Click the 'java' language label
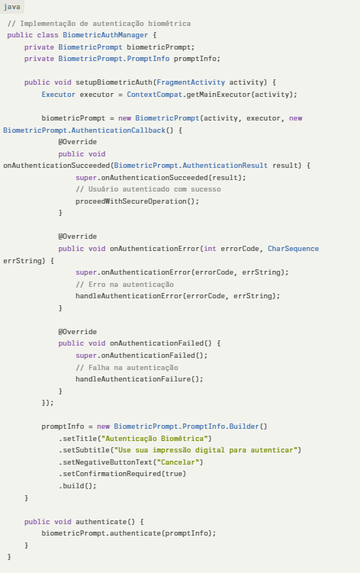pyautogui.click(x=11, y=7)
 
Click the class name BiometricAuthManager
pyautogui.click(x=105, y=35)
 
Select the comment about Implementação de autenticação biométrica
pyautogui.click(x=98, y=24)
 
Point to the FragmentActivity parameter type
pyautogui.click(x=191, y=82)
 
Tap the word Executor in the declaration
pyautogui.click(x=59, y=95)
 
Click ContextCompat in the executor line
pyautogui.click(x=155, y=95)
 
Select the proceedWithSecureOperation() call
pyautogui.click(x=137, y=201)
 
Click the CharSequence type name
pyautogui.click(x=293, y=249)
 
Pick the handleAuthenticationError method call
pyautogui.click(x=129, y=295)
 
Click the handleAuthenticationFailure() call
pyautogui.click(x=140, y=379)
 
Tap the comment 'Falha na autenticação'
pyautogui.click(x=127, y=368)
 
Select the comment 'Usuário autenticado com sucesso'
pyautogui.click(x=148, y=189)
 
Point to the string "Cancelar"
pyautogui.click(x=178, y=462)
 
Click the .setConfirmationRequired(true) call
pyautogui.click(x=123, y=474)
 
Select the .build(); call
pyautogui.click(x=78, y=486)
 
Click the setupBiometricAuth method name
pyautogui.click(x=114, y=82)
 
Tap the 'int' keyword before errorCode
pyautogui.click(x=210, y=249)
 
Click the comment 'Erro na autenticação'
pyautogui.click(x=124, y=285)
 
